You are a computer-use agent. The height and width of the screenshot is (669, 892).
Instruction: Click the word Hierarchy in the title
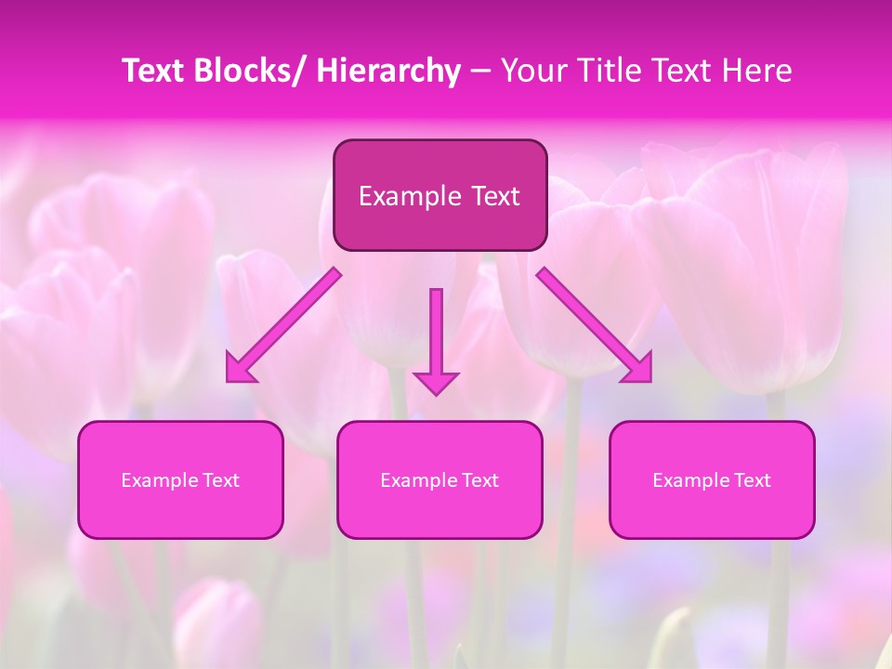pos(388,72)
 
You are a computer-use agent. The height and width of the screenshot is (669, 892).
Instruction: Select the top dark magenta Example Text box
pos(439,195)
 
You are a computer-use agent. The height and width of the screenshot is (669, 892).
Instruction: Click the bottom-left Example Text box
pos(180,480)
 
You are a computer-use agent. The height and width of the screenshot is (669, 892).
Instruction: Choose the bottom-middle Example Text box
pos(439,480)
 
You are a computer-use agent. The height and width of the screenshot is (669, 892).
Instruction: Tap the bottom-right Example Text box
pos(712,480)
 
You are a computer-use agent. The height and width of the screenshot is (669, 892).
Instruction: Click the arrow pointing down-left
pos(283,325)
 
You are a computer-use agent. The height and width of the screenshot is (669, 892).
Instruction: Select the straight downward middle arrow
pos(436,339)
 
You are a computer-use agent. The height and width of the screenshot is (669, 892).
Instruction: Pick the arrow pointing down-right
pos(595,325)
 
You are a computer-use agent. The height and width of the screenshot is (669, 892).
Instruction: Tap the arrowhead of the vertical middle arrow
pos(436,382)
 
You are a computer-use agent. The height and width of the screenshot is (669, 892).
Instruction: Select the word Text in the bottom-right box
pos(753,480)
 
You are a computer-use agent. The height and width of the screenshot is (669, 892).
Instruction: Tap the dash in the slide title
pos(481,72)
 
